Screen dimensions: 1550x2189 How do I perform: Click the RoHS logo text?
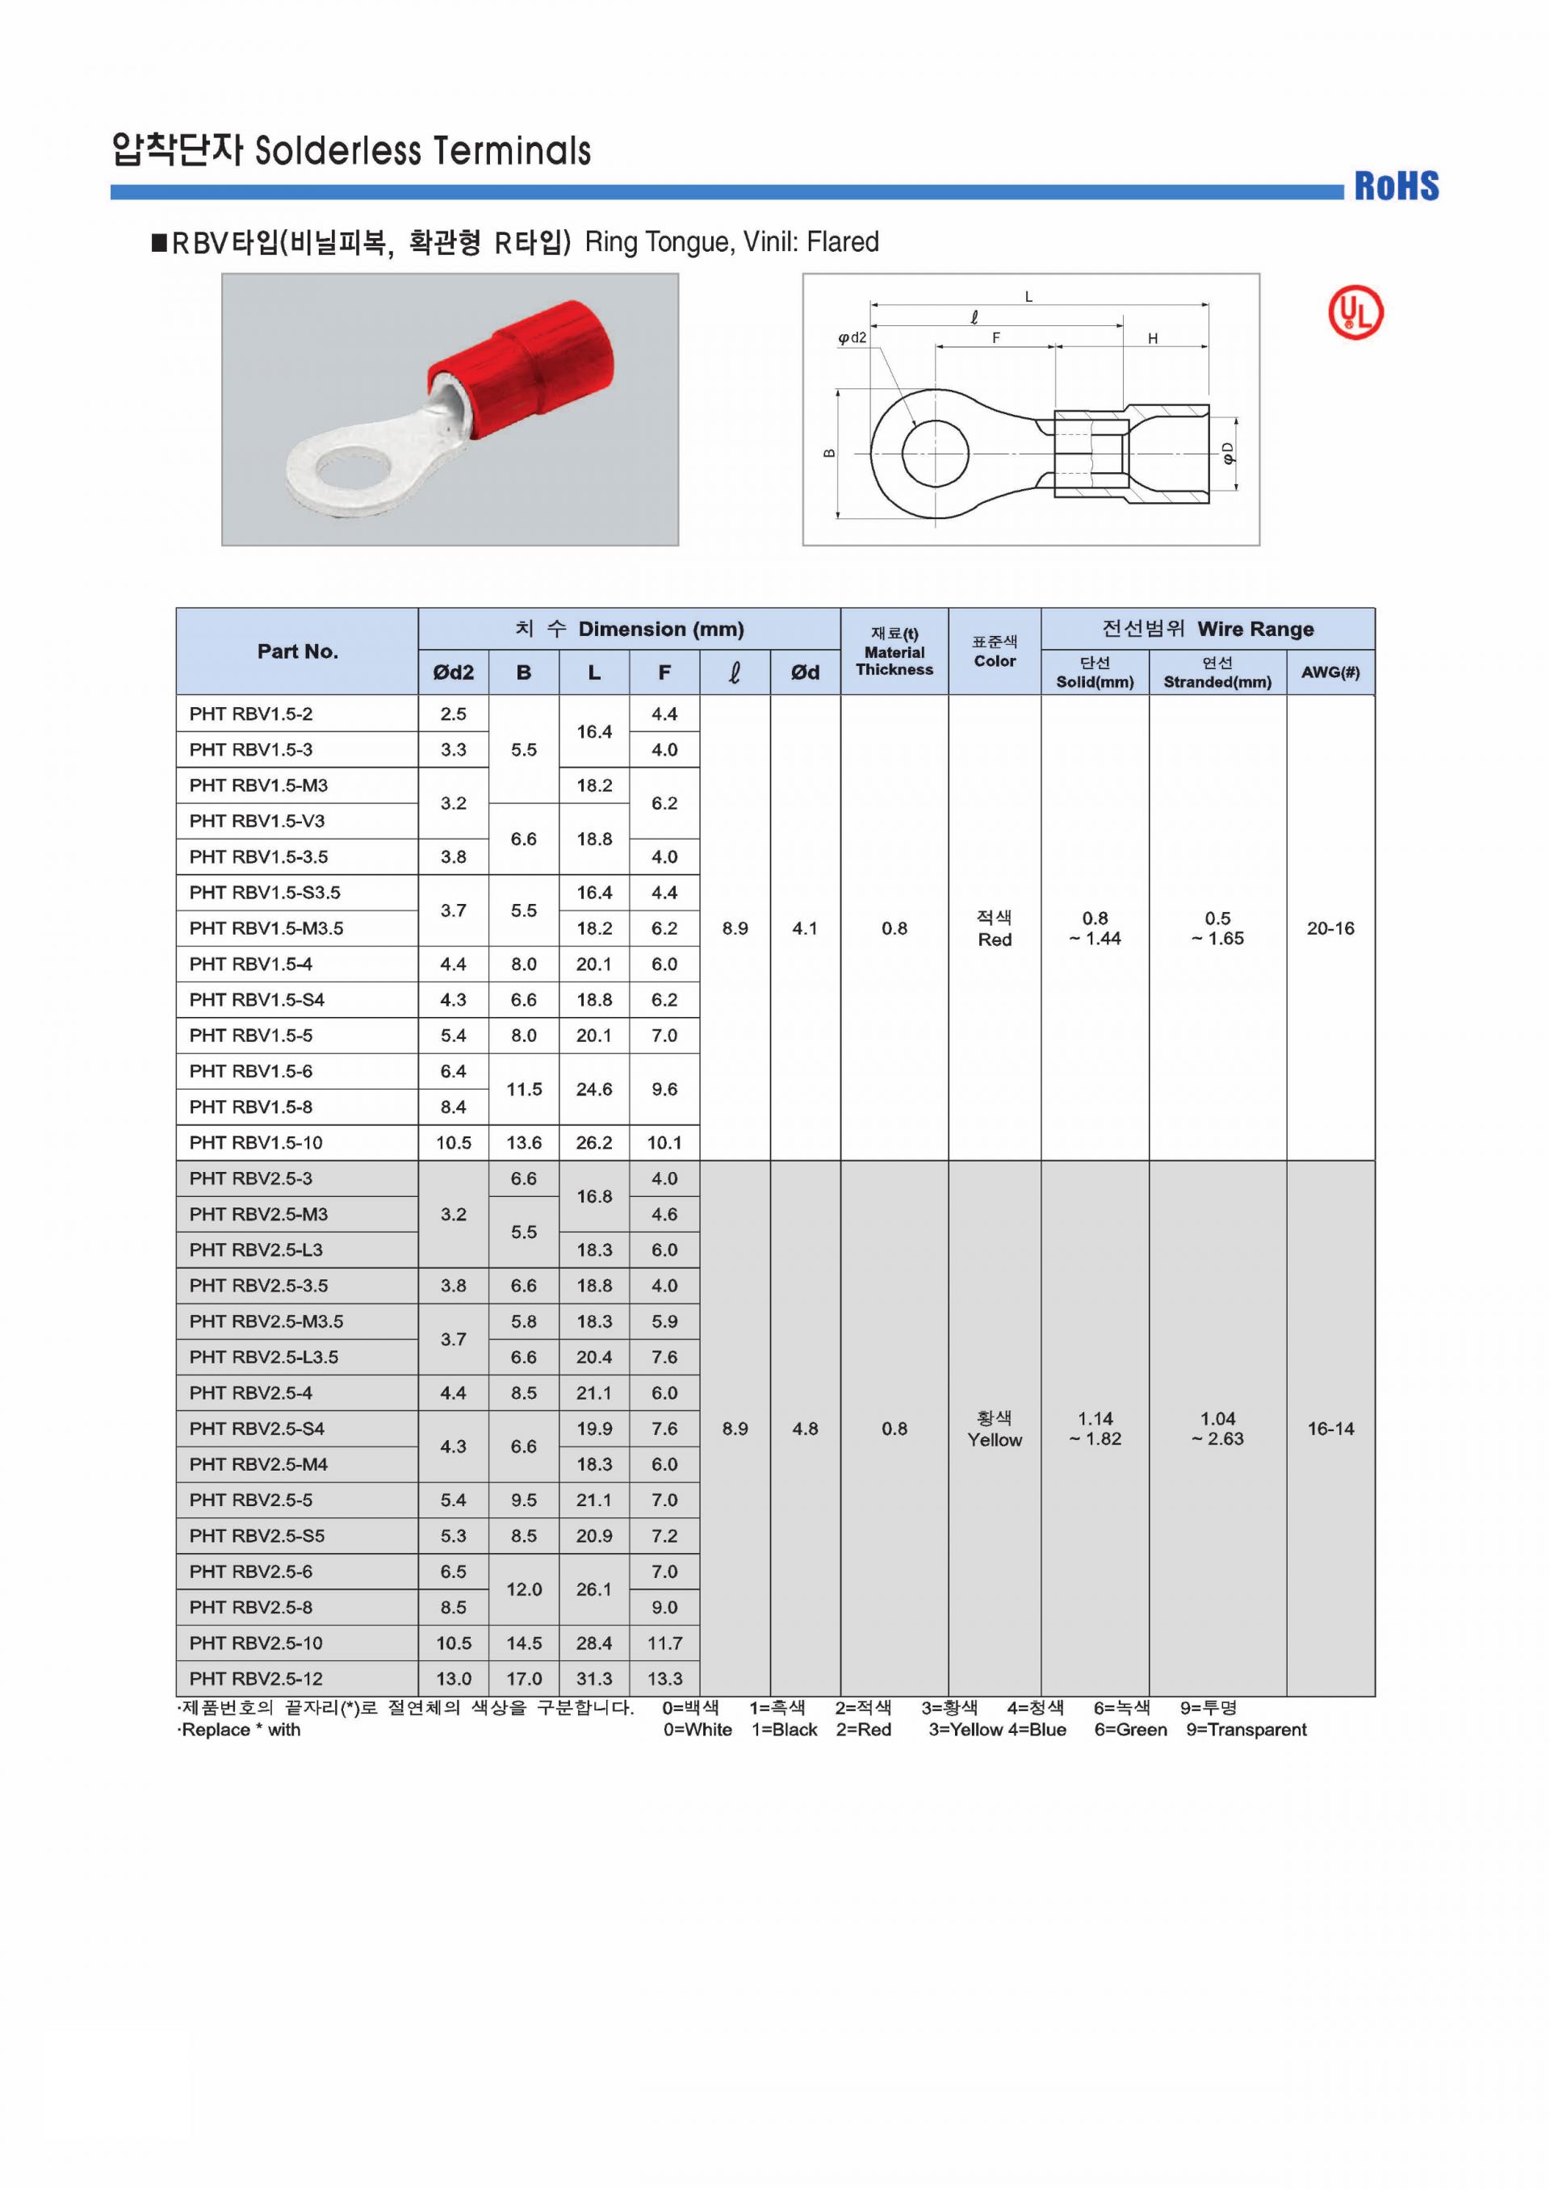click(1397, 186)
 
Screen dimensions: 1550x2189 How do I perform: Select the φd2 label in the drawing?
click(852, 338)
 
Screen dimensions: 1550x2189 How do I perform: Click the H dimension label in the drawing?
click(1152, 339)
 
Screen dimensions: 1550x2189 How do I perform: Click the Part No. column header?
click(297, 651)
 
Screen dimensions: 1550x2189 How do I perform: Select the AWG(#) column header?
click(1330, 672)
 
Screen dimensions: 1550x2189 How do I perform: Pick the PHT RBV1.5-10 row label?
click(256, 1142)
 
